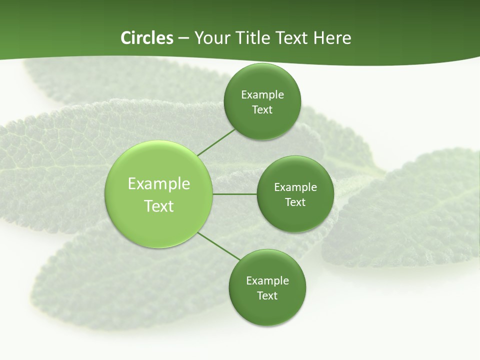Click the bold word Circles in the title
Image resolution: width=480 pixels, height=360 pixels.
click(x=146, y=38)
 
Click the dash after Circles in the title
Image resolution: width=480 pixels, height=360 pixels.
click(x=183, y=38)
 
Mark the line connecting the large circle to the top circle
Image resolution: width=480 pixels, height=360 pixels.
click(x=216, y=142)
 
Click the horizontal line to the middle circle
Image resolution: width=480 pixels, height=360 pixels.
click(x=235, y=194)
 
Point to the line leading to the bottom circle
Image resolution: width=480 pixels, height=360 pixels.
click(x=219, y=246)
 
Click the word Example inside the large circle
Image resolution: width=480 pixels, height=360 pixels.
click(x=159, y=184)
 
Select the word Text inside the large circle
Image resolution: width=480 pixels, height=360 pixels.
click(x=159, y=206)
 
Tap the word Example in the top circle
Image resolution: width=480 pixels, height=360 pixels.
click(x=262, y=95)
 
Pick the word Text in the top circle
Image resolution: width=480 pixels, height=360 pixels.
click(x=262, y=110)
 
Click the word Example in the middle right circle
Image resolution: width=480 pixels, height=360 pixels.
click(x=295, y=187)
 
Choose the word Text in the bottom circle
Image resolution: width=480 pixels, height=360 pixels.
click(x=267, y=296)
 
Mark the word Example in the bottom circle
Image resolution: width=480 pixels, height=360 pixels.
click(x=267, y=281)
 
